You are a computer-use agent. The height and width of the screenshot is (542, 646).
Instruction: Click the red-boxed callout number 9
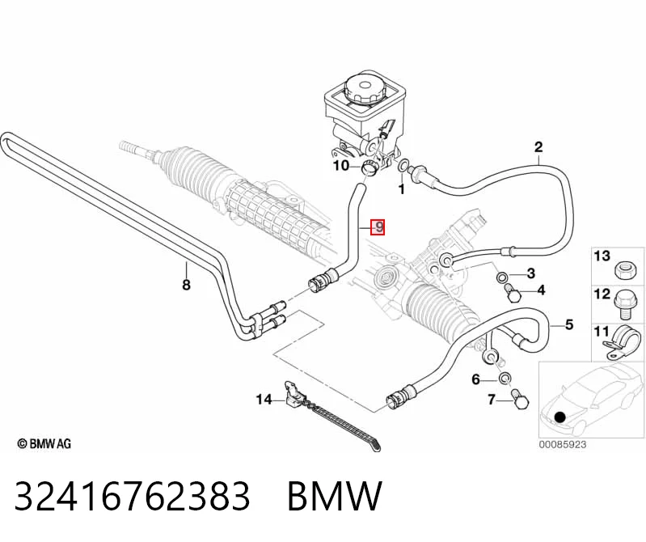[378, 227]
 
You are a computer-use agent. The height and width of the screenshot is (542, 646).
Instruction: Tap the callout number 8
[186, 285]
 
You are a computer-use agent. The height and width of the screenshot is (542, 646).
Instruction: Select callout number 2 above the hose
[538, 147]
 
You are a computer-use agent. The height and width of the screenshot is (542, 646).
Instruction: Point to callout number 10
[341, 166]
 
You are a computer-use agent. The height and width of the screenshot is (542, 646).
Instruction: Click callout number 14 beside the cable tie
[264, 400]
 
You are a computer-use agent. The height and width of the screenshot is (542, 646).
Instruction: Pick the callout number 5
[569, 324]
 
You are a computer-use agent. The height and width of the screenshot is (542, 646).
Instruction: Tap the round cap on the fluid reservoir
[364, 88]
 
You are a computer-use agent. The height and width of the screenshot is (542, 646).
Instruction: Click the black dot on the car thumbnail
[560, 417]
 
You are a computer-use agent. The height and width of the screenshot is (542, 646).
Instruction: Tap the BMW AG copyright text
[44, 444]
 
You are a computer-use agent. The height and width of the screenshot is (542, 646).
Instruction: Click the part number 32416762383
[133, 496]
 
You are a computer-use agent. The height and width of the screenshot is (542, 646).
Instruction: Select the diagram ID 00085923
[563, 445]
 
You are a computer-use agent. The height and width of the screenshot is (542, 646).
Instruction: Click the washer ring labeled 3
[502, 276]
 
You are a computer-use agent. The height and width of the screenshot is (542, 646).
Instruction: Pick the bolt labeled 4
[512, 293]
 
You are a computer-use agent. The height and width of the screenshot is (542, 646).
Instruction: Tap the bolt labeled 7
[519, 399]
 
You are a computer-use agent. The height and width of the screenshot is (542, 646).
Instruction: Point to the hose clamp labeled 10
[369, 168]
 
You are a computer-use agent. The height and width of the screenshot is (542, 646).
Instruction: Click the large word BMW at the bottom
[335, 496]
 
